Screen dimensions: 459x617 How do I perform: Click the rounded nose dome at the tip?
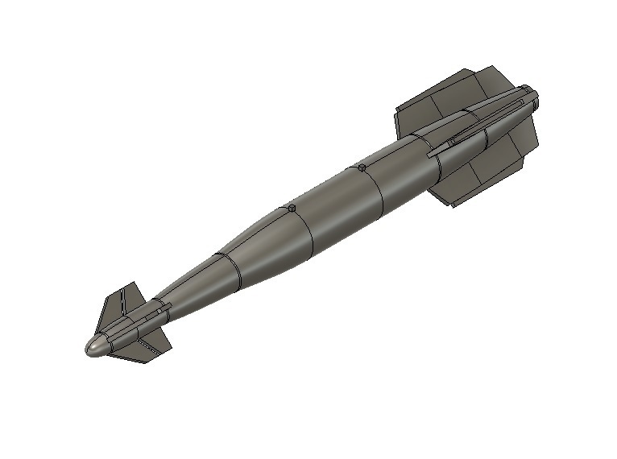pos(95,346)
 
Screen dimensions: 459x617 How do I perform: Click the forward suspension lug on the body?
pos(291,209)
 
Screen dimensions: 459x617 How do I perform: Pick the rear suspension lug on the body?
pos(362,167)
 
